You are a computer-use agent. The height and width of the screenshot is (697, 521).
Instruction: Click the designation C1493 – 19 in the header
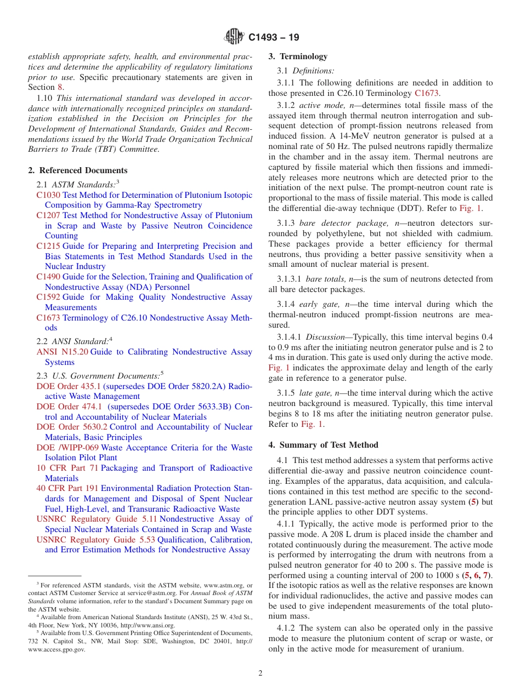point(274,38)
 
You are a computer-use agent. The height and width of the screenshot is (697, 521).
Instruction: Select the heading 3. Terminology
point(298,56)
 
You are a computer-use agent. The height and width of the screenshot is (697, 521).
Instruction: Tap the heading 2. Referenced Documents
point(78,170)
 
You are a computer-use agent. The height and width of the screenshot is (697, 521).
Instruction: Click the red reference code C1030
point(48,195)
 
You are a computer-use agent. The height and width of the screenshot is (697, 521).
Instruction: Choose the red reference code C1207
point(48,215)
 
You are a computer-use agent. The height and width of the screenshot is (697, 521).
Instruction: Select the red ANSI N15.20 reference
point(62,352)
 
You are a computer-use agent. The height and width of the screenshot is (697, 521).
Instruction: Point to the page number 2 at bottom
point(260,673)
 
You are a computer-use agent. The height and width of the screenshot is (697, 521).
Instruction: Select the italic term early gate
point(318,304)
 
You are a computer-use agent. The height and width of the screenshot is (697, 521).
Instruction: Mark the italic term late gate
point(315,393)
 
